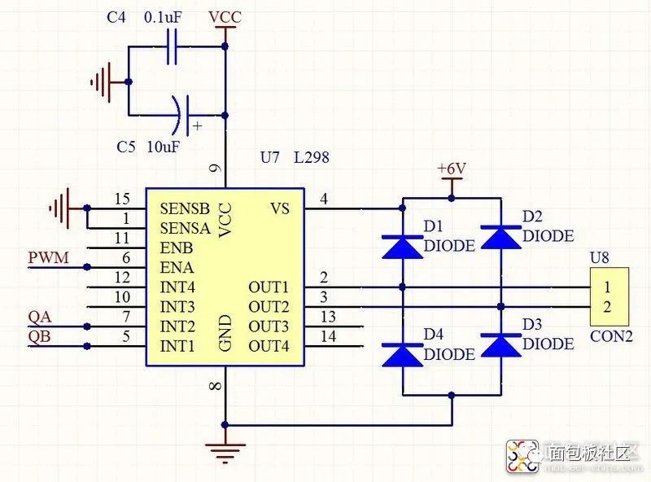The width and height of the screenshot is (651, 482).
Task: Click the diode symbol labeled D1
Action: [403, 245]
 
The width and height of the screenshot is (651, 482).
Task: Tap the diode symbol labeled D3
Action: [500, 344]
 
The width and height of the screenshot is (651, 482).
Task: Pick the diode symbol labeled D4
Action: [403, 353]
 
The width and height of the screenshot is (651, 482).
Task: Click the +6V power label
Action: [452, 169]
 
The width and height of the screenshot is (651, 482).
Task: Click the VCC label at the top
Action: [225, 17]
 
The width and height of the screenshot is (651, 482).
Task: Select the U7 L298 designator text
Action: [295, 157]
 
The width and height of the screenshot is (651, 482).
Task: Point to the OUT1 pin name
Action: [269, 287]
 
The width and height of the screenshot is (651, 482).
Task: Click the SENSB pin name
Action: [184, 208]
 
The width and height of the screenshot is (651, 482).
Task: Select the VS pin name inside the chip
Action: [279, 208]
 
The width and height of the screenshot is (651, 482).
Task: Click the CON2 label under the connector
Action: [611, 335]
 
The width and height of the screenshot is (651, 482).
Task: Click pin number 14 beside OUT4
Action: [329, 336]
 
